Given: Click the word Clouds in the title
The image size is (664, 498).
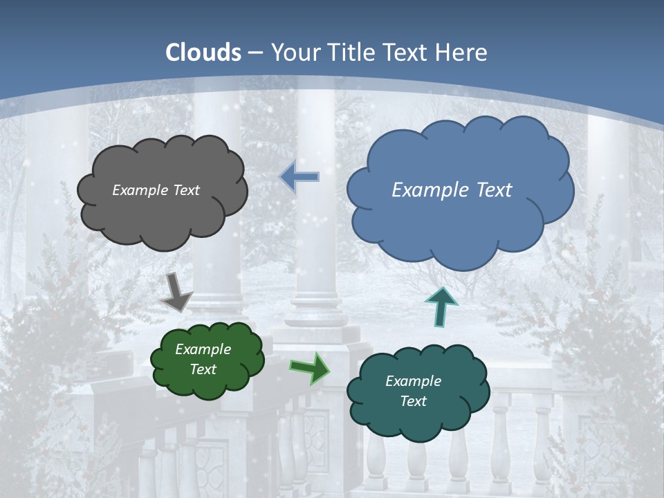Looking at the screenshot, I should click(x=203, y=53).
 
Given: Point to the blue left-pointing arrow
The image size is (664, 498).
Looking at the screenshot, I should click(x=299, y=177).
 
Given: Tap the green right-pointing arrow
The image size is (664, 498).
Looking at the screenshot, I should click(x=309, y=367).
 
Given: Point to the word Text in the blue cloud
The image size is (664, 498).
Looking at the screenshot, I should click(x=490, y=190).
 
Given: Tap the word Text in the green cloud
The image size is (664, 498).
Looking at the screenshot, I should click(x=203, y=369).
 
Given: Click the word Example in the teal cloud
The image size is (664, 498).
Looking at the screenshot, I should click(x=413, y=381).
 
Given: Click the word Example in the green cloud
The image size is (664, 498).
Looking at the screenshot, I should click(x=203, y=349).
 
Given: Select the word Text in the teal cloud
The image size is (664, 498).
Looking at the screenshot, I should click(x=413, y=401).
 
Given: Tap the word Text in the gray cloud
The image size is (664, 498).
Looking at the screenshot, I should click(x=185, y=190).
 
